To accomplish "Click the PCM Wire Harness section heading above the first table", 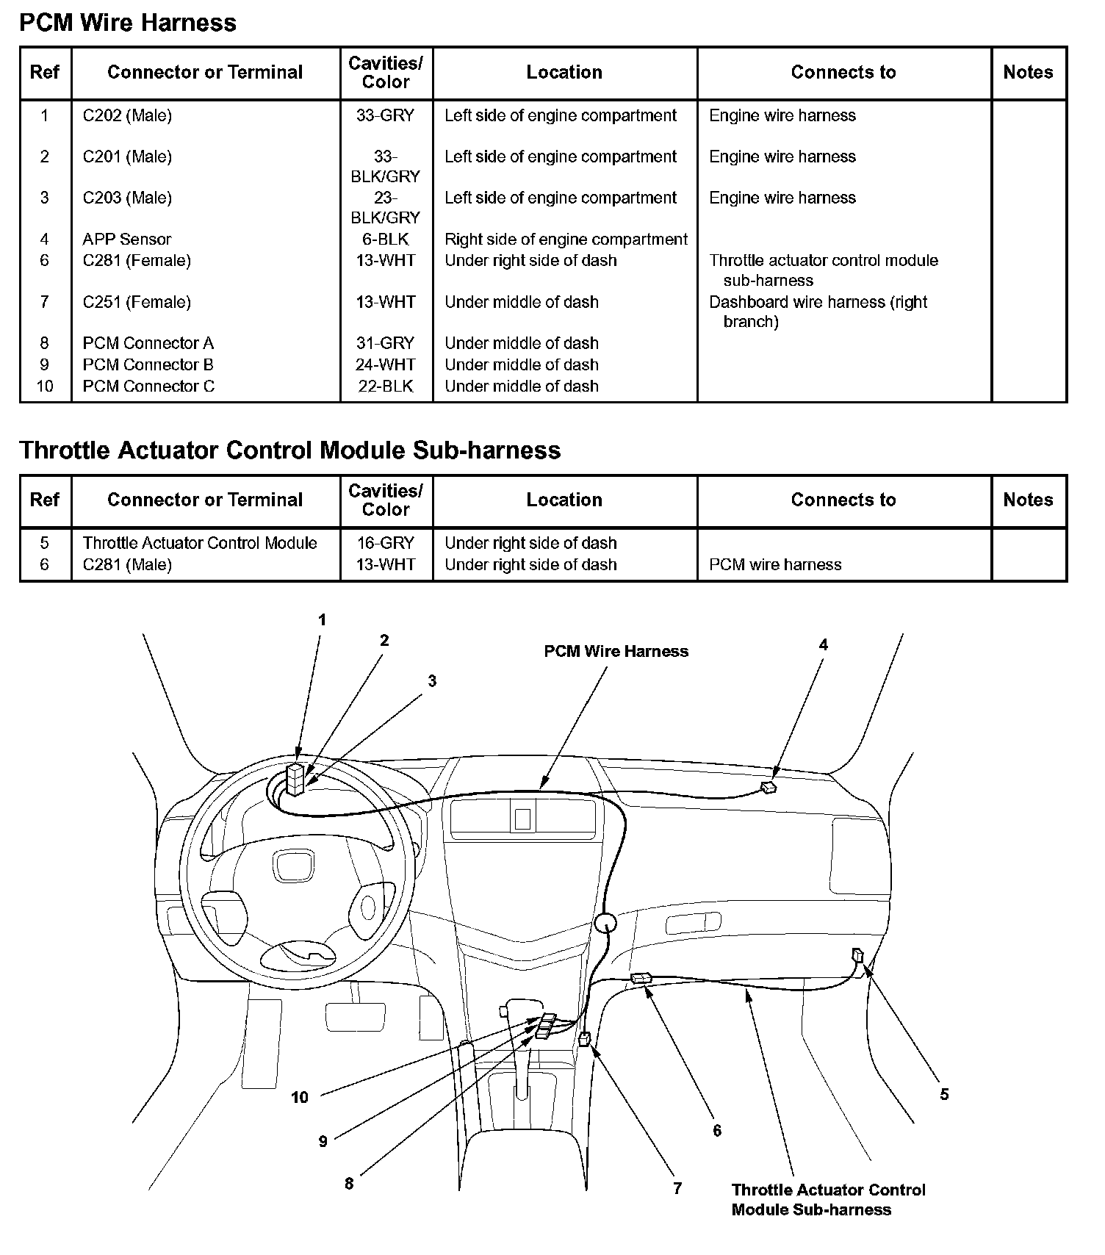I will coord(128,23).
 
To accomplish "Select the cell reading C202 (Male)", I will coord(127,115).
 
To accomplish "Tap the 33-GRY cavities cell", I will coord(386,115).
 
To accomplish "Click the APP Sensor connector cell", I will coord(126,239).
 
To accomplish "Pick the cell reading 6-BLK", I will coord(386,239).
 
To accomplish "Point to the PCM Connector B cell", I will coord(148,364).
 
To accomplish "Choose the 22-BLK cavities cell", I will coord(386,386).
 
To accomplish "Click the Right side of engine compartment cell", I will coord(566,239).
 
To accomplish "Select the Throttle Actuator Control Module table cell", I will coord(200,543).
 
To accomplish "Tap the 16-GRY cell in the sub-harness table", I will coord(386,543).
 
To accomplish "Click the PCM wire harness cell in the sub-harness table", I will coord(775,564).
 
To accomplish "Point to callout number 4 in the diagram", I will coord(824,644).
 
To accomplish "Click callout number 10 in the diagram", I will coord(300,1097).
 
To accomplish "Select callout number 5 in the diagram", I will coord(944,1094).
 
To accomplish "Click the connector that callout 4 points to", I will coord(769,788).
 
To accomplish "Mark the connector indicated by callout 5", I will coord(857,955).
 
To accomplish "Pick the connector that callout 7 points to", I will coord(585,1038).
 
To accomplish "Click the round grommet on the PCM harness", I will coord(605,923).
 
